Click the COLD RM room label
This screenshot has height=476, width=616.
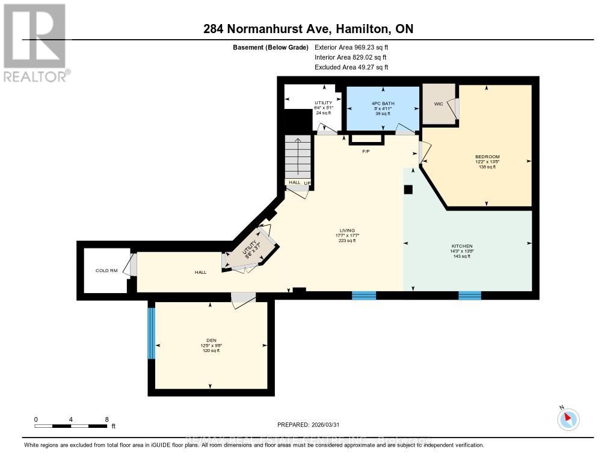coord(102,271)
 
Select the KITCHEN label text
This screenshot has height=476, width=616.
coord(462,246)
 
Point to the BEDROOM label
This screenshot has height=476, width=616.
coord(487,157)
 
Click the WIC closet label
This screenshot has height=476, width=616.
coord(438,104)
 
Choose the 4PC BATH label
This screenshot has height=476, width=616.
coord(383,104)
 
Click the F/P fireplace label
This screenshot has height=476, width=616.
coord(366,151)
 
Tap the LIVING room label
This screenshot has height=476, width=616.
coord(347,230)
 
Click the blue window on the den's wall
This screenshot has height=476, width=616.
coord(152,333)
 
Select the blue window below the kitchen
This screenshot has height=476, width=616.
coord(470,295)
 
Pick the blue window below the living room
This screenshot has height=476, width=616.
coord(363,295)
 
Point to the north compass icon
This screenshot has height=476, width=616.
coord(568,419)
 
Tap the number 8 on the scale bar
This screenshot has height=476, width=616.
coord(106,419)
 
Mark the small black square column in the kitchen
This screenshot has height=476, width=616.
coord(408,190)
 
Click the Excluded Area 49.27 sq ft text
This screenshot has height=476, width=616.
coord(351,67)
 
